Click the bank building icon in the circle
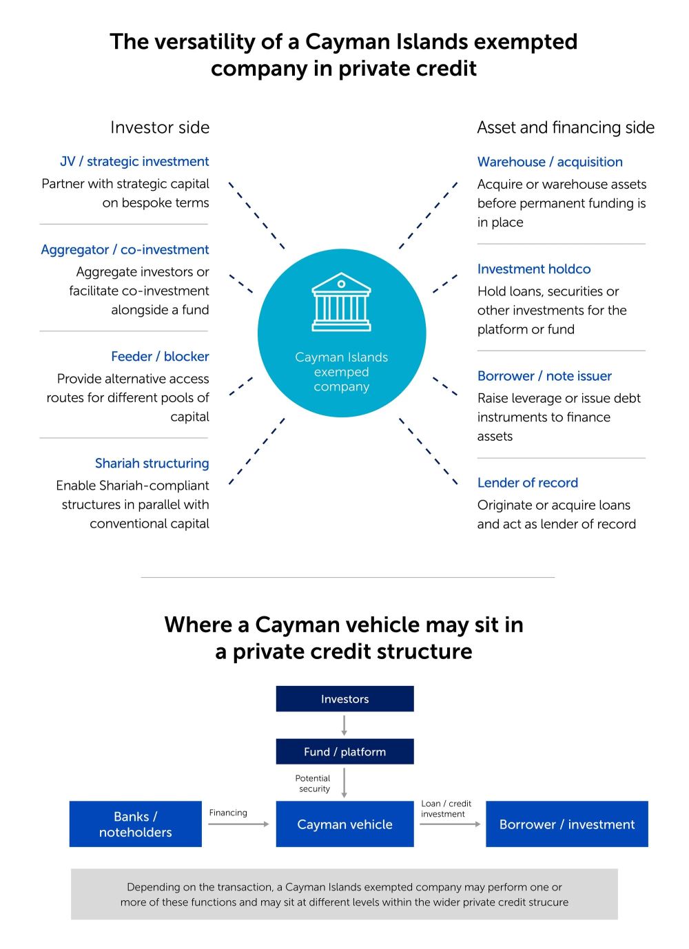341,302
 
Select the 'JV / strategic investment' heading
134,161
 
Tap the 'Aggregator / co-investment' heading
125,249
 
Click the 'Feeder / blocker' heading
160,356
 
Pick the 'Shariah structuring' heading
152,463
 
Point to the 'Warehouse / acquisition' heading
550,162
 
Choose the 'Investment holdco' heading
534,269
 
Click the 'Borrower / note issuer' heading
544,376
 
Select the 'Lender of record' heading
528,483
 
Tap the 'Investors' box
344,698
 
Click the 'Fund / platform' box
344,751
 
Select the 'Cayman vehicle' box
344,824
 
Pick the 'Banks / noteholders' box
136,824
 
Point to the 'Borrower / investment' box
567,824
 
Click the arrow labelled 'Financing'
238,824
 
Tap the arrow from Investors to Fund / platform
344,725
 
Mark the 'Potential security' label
313,783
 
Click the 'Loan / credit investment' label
446,809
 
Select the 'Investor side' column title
160,127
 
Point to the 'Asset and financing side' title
566,127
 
